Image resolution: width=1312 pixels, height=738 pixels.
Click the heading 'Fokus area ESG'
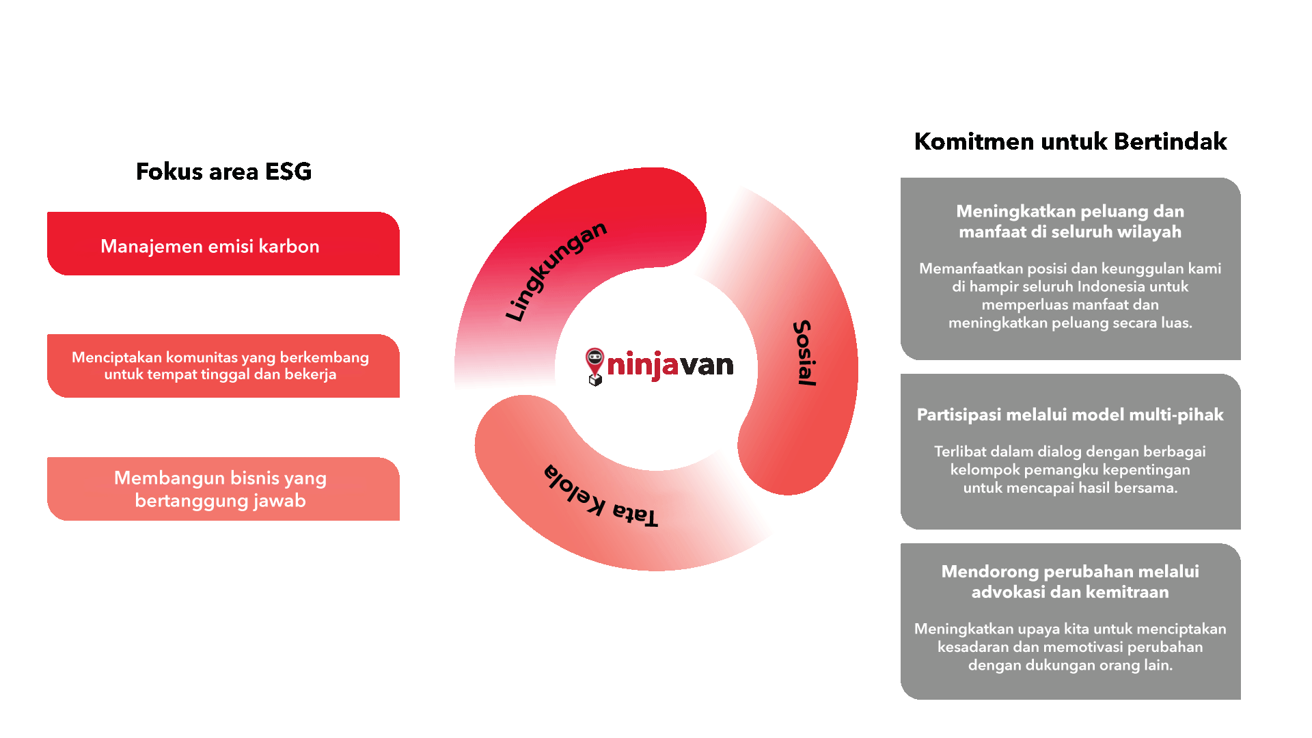coord(223,171)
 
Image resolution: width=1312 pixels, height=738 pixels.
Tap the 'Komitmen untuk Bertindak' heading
coord(1070,141)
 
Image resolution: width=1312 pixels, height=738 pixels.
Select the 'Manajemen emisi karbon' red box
coord(223,244)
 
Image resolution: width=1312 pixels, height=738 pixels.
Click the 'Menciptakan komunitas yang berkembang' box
coord(223,366)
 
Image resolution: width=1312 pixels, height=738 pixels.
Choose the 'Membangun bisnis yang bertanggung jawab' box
coord(223,489)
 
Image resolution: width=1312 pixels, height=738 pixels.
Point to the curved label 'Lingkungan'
coord(555,271)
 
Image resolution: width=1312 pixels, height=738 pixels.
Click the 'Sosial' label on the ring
coord(805,353)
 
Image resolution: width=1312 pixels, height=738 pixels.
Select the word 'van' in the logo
coord(707,365)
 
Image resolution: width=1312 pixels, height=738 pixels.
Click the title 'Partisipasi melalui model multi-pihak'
coord(1070,415)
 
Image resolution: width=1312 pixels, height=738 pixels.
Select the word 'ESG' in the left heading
coord(288,171)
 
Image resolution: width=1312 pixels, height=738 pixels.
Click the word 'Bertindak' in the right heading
coord(1171,141)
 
